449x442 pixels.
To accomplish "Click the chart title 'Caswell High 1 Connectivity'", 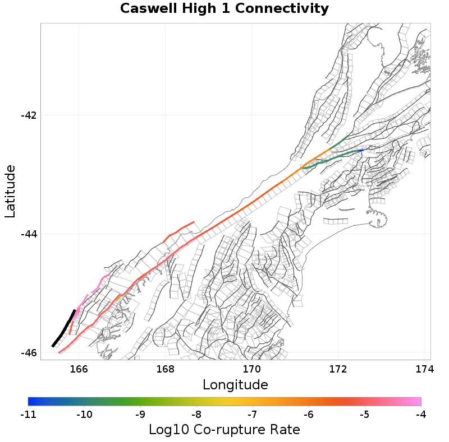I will [224, 9].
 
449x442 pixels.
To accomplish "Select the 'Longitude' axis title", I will [235, 385].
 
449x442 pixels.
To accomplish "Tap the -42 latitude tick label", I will [29, 115].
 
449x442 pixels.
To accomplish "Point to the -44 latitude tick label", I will [29, 234].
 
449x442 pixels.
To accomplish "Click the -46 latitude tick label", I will [29, 353].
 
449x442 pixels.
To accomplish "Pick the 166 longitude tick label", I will [79, 369].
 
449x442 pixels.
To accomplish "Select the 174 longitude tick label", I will [424, 369].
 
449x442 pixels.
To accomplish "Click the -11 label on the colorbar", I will [28, 415].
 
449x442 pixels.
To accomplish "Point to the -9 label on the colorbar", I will [140, 415].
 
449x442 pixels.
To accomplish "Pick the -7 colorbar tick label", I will [253, 415].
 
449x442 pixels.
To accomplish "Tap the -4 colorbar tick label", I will [421, 415].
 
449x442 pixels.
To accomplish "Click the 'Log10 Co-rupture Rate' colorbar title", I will [224, 430].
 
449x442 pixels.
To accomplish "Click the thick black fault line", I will [63, 329].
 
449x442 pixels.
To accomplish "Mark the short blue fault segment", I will [361, 150].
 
